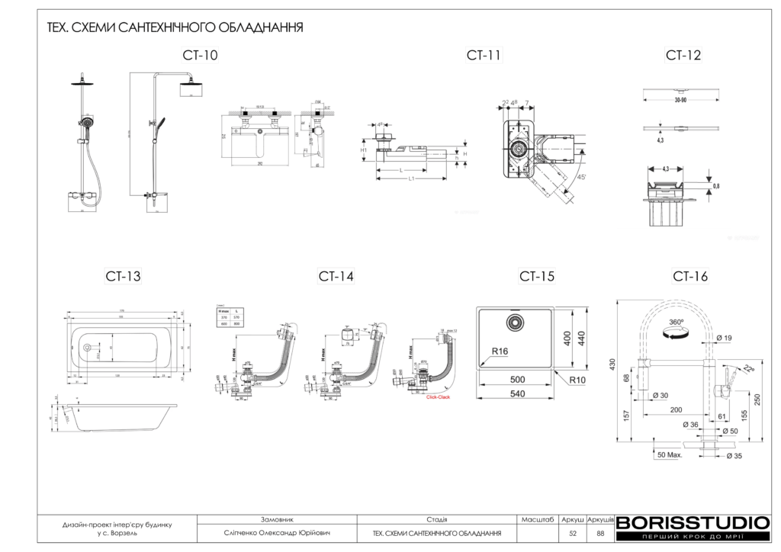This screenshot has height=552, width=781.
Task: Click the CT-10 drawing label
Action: (x=200, y=55)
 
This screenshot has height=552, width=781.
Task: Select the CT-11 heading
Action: (x=484, y=55)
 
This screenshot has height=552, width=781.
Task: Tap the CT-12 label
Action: (x=683, y=55)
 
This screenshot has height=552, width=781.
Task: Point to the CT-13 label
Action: (x=123, y=276)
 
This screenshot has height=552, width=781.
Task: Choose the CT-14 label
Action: (x=336, y=276)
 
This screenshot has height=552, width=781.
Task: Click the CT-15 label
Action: (x=537, y=276)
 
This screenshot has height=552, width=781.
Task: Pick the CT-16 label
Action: (x=690, y=276)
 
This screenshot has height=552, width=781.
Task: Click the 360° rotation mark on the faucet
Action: (x=673, y=323)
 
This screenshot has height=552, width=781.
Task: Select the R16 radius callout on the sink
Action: (x=500, y=351)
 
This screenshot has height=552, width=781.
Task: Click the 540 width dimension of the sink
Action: (x=517, y=394)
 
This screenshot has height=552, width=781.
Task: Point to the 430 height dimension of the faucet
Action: (x=611, y=366)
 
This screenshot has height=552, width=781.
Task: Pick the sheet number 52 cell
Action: (x=572, y=533)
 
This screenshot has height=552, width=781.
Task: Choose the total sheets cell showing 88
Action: (x=600, y=533)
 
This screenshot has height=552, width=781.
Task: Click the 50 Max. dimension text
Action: (x=669, y=454)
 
